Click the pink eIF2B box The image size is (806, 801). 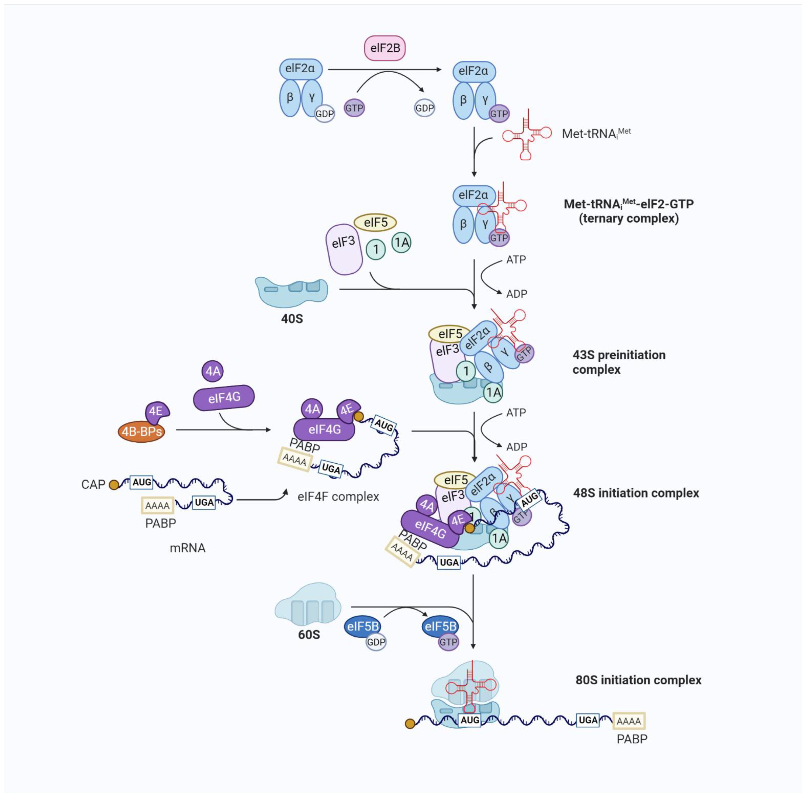pyautogui.click(x=385, y=48)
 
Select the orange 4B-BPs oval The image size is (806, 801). pyautogui.click(x=141, y=431)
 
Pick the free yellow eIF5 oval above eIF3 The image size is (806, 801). pyautogui.click(x=375, y=222)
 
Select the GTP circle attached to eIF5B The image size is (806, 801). pyautogui.click(x=448, y=642)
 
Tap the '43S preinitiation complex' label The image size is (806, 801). pyautogui.click(x=619, y=362)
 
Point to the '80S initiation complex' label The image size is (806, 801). pyautogui.click(x=638, y=680)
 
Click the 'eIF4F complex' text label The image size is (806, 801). pyautogui.click(x=338, y=496)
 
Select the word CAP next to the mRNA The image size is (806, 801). pyautogui.click(x=93, y=484)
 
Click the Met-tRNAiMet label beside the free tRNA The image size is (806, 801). pyautogui.click(x=596, y=134)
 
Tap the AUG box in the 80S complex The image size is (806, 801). pyautogui.click(x=470, y=720)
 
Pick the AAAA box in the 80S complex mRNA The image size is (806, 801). pyautogui.click(x=629, y=721)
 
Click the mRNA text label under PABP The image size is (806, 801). pyautogui.click(x=187, y=548)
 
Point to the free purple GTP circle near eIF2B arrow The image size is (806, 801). pyautogui.click(x=354, y=108)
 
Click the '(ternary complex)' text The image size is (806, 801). pyautogui.click(x=628, y=218)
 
